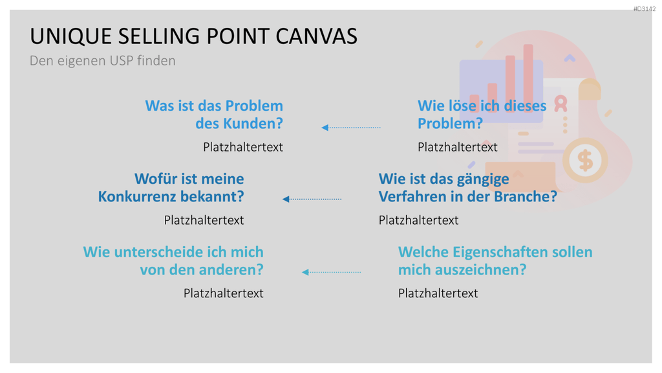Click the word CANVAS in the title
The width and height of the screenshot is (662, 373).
coord(317,36)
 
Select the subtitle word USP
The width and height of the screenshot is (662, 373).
coord(121,60)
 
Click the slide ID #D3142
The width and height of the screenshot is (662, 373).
coord(645,9)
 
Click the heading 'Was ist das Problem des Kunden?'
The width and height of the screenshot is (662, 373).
coord(214,114)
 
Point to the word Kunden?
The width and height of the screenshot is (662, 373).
coord(253,124)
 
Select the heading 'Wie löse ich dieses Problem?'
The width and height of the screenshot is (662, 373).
coord(482,114)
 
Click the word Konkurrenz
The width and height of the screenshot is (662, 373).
coord(136,197)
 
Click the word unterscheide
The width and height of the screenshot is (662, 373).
coord(158,252)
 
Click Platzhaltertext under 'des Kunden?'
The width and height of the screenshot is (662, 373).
coord(243,147)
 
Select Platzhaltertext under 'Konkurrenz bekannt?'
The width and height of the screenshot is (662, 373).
coord(204,220)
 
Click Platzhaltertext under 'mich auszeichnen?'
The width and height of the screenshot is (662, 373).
coord(438,293)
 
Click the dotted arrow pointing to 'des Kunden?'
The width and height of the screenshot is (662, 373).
coord(351,128)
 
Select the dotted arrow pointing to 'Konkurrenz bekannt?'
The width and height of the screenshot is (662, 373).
coord(312,199)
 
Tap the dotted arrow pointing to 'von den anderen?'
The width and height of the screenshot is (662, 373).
coord(332,272)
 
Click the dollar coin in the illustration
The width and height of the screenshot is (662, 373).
coord(585,161)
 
